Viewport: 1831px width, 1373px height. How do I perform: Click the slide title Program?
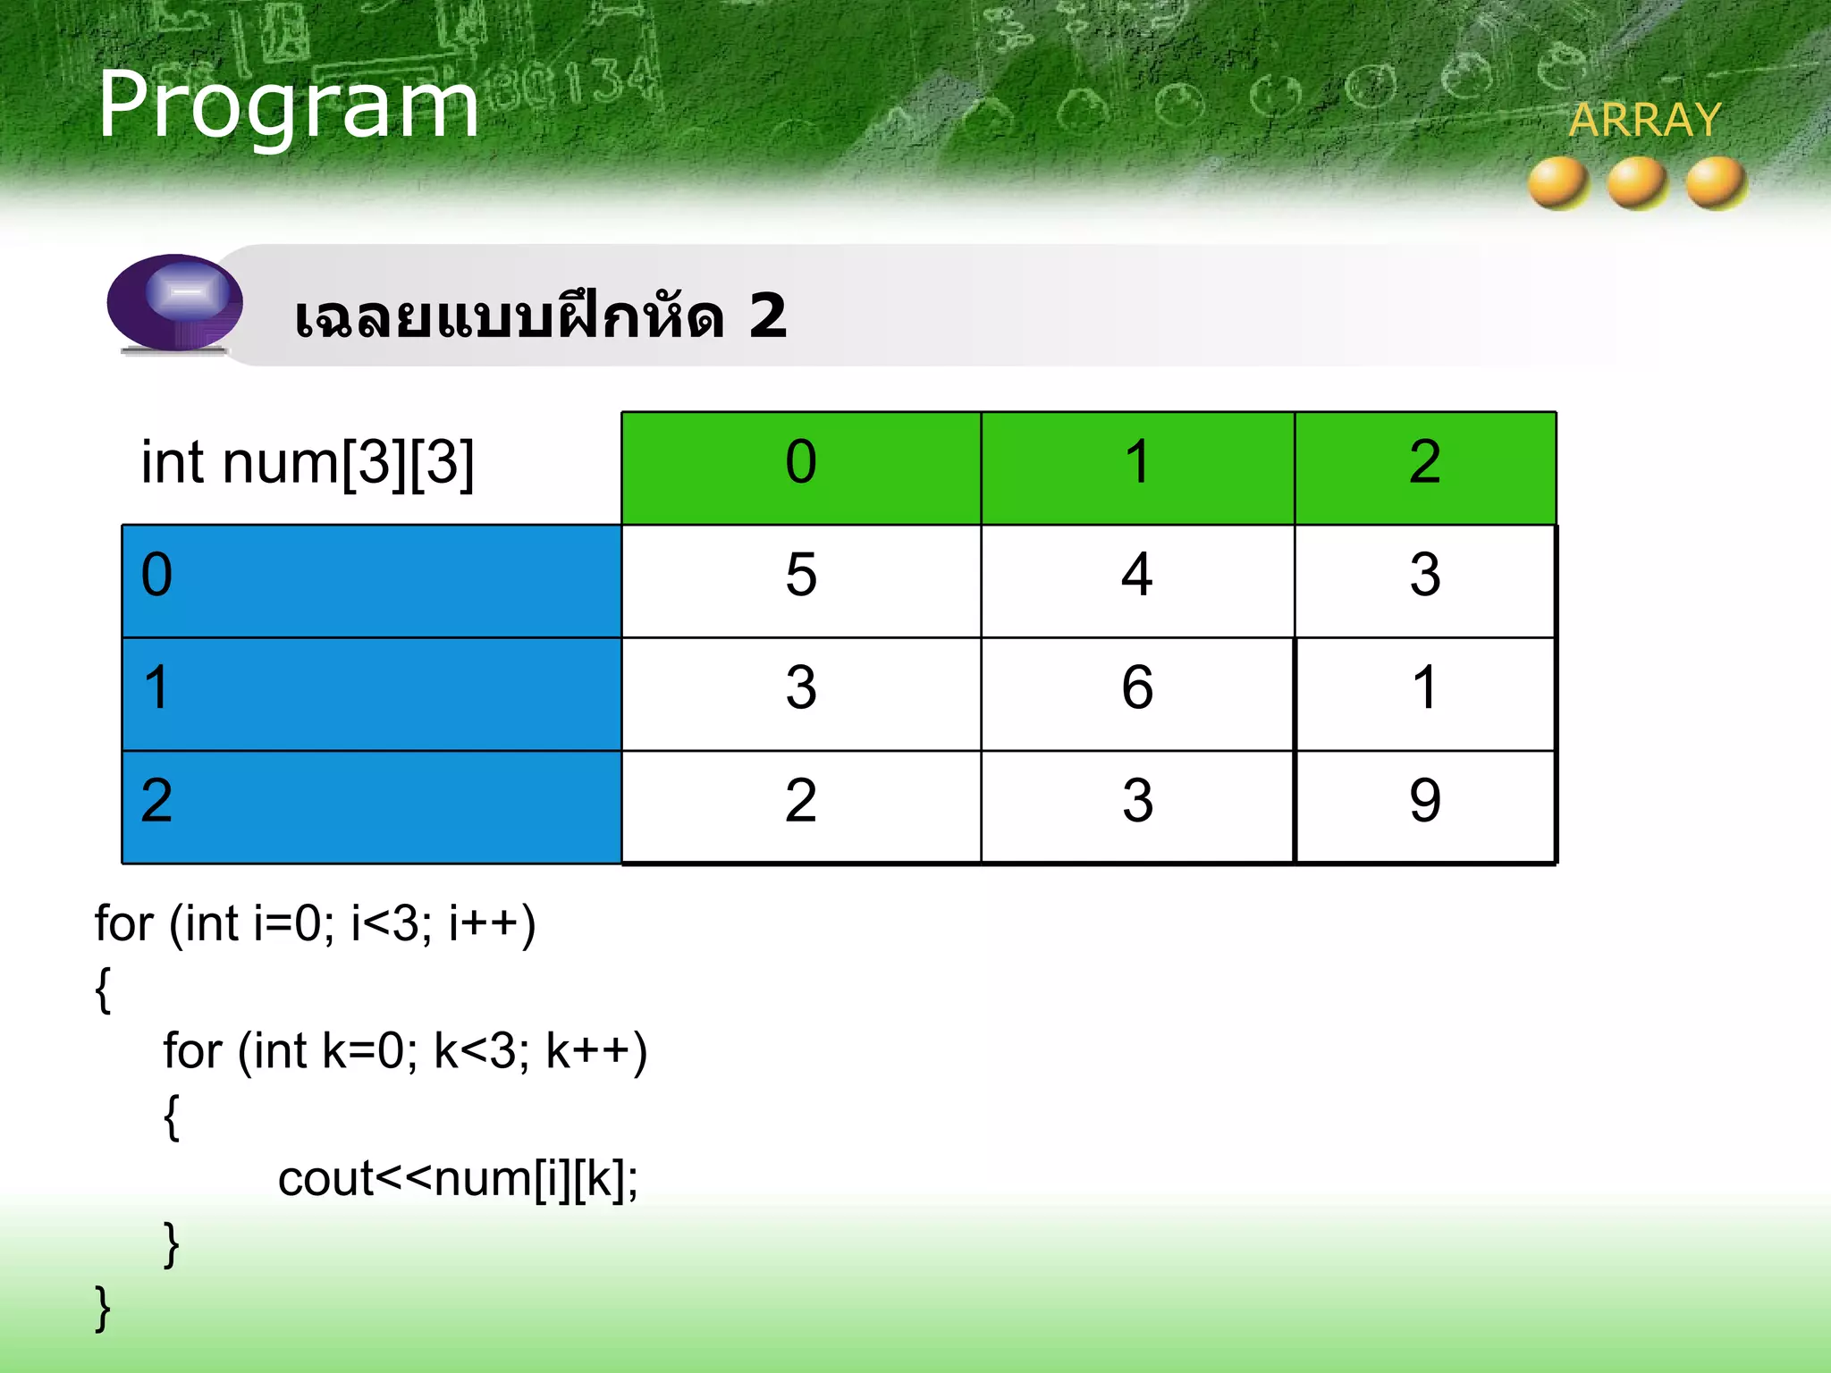[x=288, y=106]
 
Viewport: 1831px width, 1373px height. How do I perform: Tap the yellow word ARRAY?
[x=1644, y=120]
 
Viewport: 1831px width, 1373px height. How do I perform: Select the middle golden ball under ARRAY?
[x=1637, y=182]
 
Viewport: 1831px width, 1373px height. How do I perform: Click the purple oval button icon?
[x=175, y=302]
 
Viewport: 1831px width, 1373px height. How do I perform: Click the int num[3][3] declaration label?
[x=308, y=463]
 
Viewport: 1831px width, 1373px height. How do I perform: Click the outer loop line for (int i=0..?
[x=315, y=924]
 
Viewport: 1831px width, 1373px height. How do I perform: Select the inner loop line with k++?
[x=404, y=1051]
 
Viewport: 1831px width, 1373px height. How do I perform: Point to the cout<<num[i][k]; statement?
[x=458, y=1180]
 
